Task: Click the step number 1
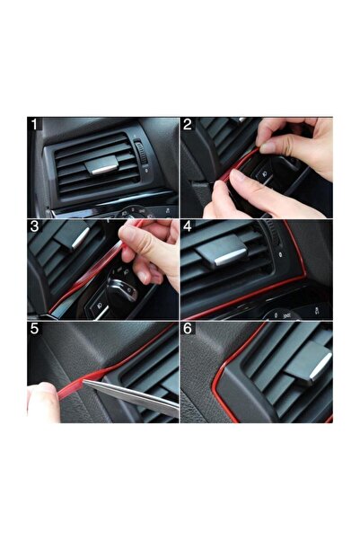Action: [34, 124]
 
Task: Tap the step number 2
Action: [188, 124]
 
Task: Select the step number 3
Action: [34, 226]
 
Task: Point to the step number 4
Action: [188, 226]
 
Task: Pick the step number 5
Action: [34, 329]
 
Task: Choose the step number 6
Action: [188, 329]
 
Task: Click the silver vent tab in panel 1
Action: [101, 164]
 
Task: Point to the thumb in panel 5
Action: [43, 402]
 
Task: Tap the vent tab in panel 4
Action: [223, 252]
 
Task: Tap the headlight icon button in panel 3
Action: [99, 305]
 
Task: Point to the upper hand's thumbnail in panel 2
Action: [268, 147]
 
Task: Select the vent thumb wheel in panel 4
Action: [275, 235]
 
